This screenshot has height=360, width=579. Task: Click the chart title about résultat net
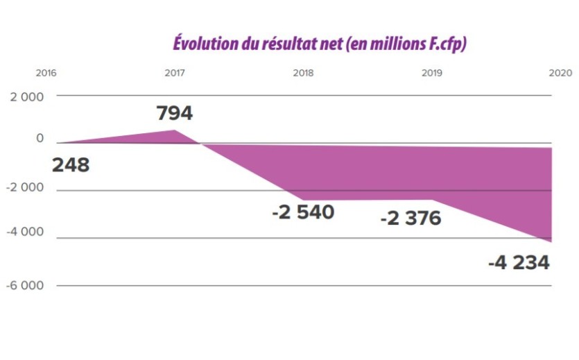[320, 43]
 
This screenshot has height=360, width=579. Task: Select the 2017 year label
[174, 73]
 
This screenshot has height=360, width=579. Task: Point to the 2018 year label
[303, 73]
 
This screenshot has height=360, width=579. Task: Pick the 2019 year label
[431, 73]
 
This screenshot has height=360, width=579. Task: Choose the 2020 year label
[559, 73]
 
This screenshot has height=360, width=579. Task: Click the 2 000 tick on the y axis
[26, 96]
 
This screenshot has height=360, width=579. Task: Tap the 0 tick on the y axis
[40, 139]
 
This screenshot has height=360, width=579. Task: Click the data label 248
[71, 165]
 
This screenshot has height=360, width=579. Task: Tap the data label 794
[174, 113]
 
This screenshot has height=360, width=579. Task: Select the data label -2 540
[303, 212]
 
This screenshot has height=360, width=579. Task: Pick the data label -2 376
[411, 218]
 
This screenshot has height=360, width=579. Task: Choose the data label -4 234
[519, 263]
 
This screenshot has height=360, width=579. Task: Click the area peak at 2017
[174, 130]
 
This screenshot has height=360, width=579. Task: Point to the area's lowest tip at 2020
[551, 241]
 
